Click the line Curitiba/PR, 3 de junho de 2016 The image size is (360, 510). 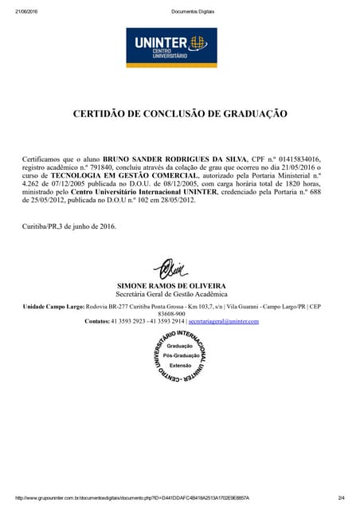[x=69, y=226]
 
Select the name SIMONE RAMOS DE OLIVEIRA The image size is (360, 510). [x=171, y=285]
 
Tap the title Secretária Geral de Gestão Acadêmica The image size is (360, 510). [x=171, y=294]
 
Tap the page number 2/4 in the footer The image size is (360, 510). [x=341, y=498]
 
